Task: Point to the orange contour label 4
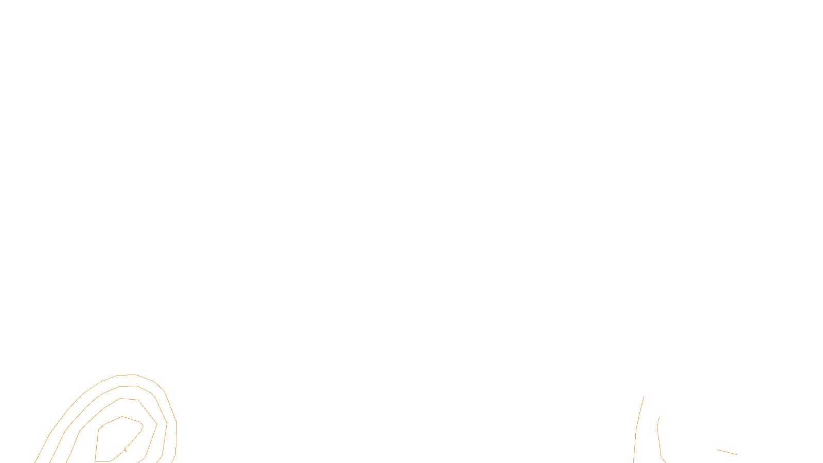125,450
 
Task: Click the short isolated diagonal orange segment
727,452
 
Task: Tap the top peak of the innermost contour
122,417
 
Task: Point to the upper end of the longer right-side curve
643,398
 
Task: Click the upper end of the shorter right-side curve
659,418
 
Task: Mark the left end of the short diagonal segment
718,450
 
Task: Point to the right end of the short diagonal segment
737,454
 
